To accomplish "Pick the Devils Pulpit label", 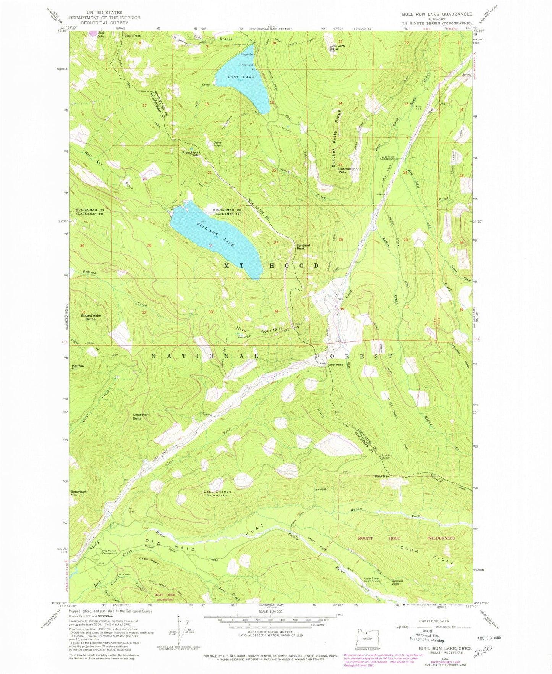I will pos(217,144).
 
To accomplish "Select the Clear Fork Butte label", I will pos(142,416).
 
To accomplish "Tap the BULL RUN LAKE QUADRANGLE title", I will pos(436,14).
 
